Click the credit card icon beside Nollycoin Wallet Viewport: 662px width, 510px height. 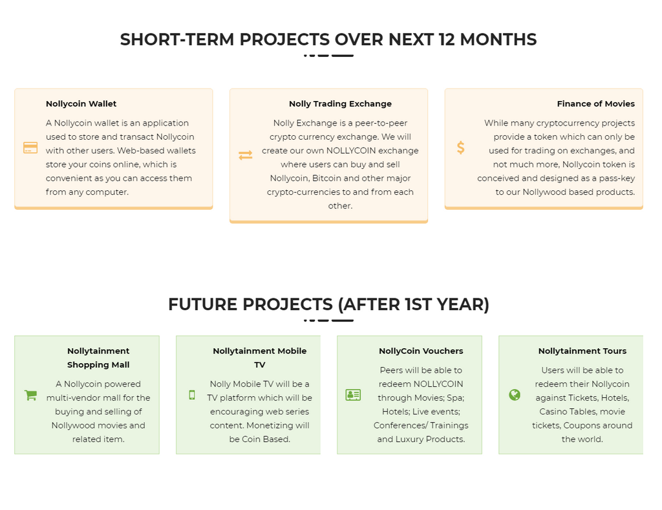point(30,148)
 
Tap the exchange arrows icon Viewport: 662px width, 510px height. point(245,155)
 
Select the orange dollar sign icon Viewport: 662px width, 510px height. point(460,148)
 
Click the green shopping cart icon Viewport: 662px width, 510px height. point(30,395)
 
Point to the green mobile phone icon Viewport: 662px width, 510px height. point(191,395)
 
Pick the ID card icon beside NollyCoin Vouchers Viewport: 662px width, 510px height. point(353,395)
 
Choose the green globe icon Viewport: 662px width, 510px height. point(514,395)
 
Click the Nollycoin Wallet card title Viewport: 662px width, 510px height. point(81,104)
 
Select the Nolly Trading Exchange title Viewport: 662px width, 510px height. point(340,104)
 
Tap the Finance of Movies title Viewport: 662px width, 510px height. point(595,104)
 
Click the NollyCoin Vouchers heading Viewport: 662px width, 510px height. point(421,351)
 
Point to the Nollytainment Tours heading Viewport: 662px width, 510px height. point(582,351)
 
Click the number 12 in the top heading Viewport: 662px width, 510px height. point(447,39)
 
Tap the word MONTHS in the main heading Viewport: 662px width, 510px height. point(498,39)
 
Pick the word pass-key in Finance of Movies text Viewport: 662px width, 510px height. point(617,179)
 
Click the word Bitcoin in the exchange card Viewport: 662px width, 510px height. point(326,179)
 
